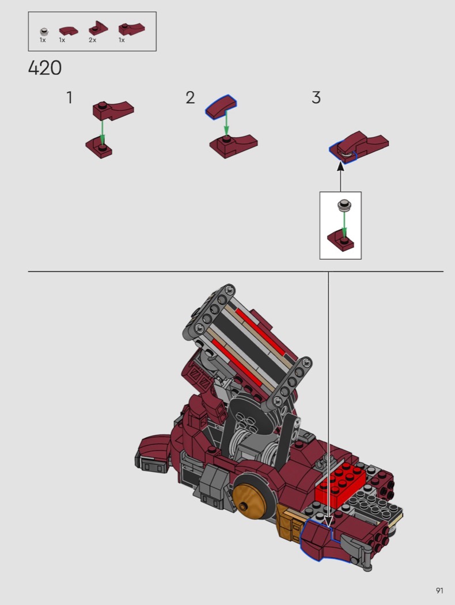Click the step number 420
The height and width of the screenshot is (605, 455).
coord(45,69)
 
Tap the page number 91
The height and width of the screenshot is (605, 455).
coord(439,591)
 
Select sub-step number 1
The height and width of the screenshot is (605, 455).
coord(70,97)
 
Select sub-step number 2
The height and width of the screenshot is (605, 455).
coord(190,97)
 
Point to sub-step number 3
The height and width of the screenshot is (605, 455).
coord(316,97)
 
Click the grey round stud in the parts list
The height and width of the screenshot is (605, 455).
coord(44,32)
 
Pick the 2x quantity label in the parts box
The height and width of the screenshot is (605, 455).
coord(93,40)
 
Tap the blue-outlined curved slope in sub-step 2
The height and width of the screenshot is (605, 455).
coord(221,106)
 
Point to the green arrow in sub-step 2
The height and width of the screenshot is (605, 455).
coord(226,123)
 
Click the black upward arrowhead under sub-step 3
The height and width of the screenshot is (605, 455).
coord(340,167)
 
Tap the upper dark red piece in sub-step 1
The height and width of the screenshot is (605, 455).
coord(113,111)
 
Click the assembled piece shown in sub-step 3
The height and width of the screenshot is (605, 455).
coord(359,147)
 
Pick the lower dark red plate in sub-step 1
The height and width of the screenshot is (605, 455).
coord(99,148)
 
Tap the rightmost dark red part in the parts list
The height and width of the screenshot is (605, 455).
coord(131,29)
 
